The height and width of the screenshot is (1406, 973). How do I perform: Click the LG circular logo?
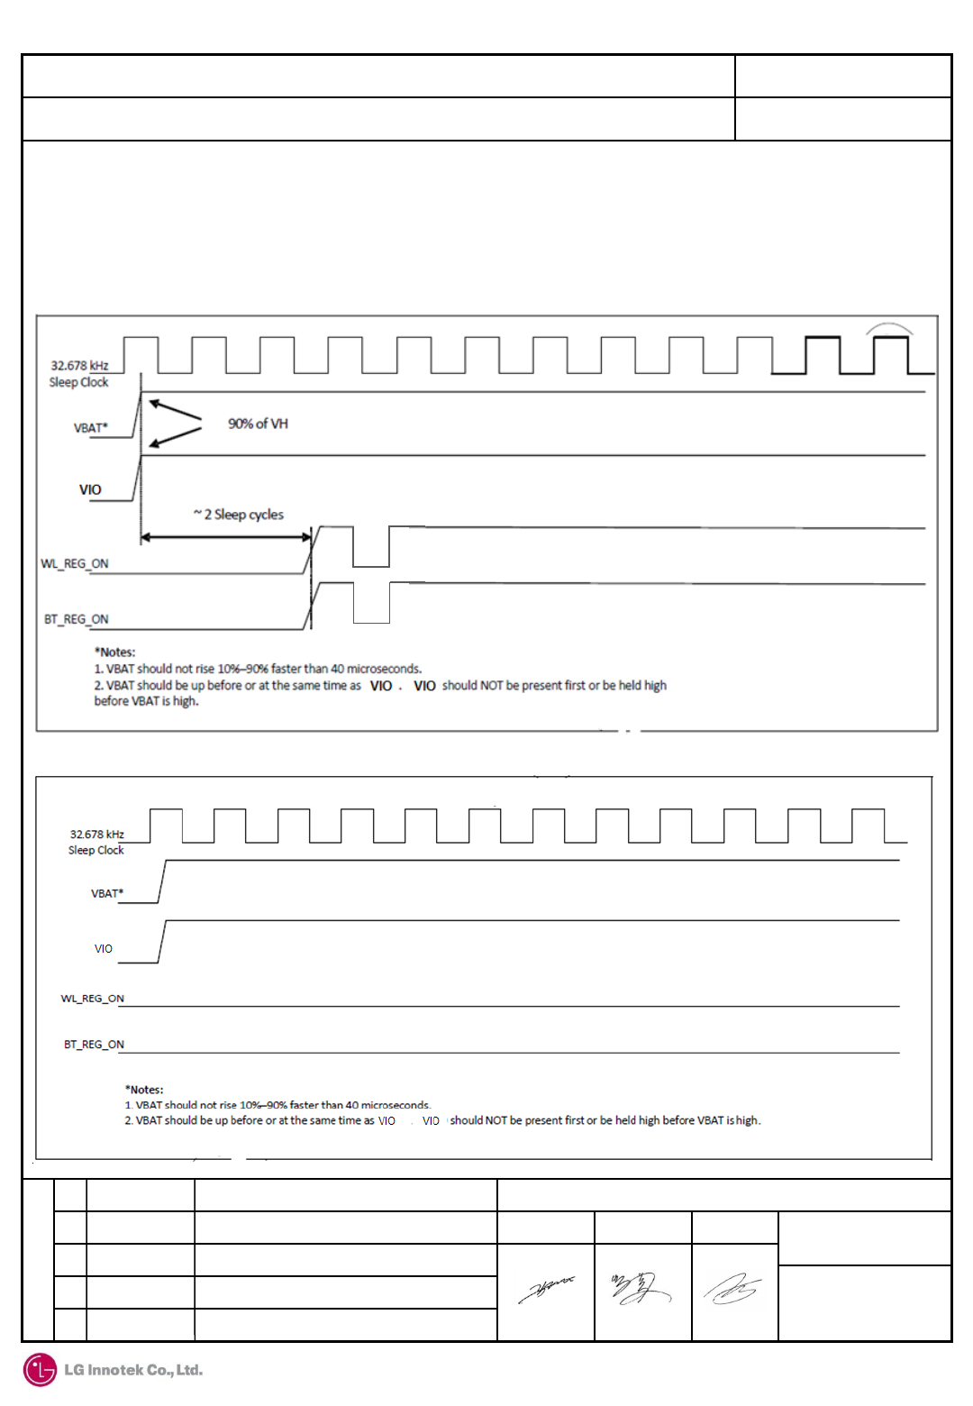tap(40, 1370)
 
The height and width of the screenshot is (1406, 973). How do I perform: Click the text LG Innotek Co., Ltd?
tap(133, 1370)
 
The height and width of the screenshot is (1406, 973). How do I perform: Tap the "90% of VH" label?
tap(258, 424)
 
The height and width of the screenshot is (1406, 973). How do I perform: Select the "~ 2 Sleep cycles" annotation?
tap(239, 515)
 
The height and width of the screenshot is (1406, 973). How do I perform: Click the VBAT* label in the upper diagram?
tap(90, 428)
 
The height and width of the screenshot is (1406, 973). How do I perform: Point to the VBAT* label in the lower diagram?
tap(107, 894)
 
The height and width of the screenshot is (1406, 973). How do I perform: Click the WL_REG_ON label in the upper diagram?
tap(75, 564)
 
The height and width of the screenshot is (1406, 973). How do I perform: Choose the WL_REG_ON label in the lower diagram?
tap(92, 999)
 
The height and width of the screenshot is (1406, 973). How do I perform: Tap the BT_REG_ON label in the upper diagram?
tap(77, 620)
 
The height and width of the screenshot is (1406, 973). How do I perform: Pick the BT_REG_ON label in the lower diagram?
tap(94, 1045)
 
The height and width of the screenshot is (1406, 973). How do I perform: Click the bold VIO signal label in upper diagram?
tap(90, 490)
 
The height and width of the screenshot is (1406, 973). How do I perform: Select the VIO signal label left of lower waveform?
tap(104, 949)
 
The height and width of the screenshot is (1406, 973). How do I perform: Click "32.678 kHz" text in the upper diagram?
tap(79, 366)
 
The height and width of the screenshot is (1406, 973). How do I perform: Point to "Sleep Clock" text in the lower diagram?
tap(96, 850)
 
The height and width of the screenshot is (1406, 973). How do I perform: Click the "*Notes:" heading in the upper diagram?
tap(115, 652)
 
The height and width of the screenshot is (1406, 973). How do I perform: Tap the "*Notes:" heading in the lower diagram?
tap(144, 1090)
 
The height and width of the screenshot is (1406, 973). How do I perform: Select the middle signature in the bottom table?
tap(641, 1289)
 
